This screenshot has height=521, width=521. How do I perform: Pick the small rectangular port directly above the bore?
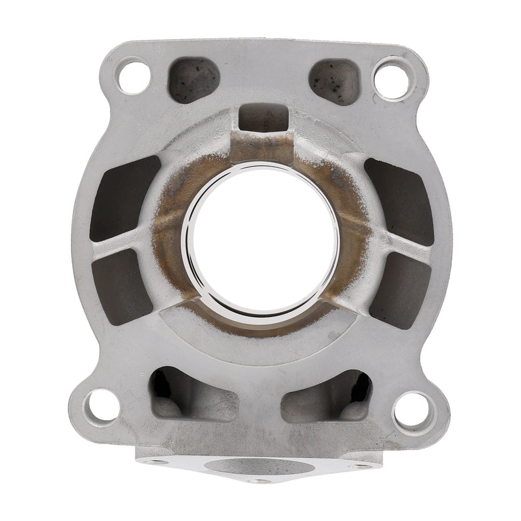pos(264,119)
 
